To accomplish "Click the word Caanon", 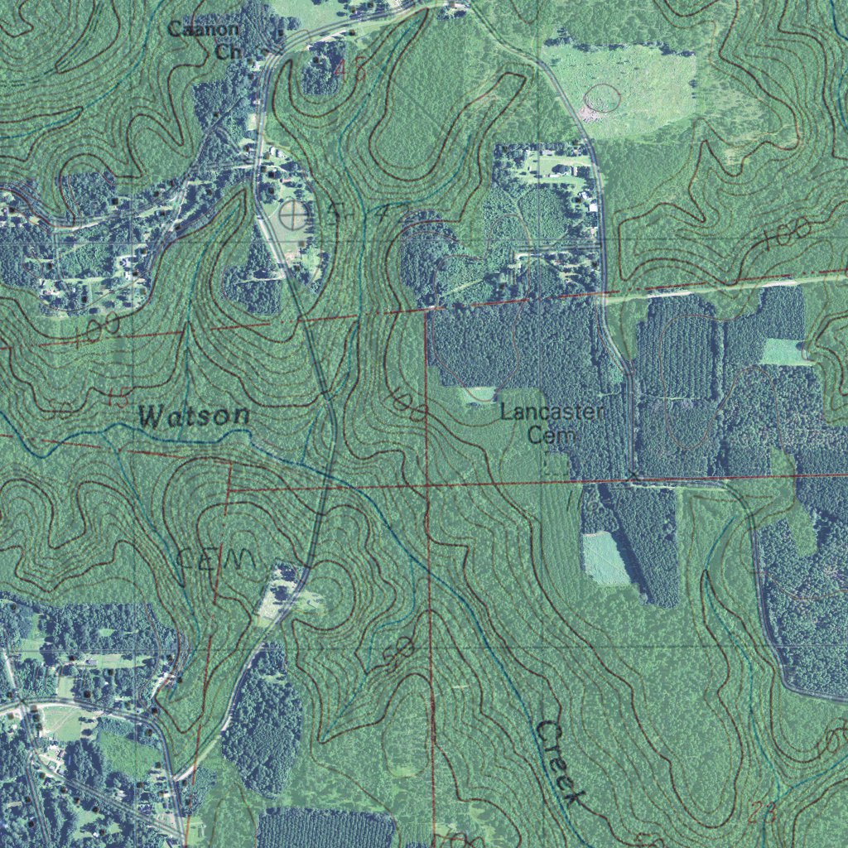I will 204,29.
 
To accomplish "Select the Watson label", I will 195,415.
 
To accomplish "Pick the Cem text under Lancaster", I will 546,436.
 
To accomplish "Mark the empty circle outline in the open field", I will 602,99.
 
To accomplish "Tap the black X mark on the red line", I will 634,475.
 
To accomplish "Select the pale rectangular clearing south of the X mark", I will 605,559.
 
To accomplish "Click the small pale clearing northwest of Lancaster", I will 479,395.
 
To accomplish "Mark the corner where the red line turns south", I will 427,310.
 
